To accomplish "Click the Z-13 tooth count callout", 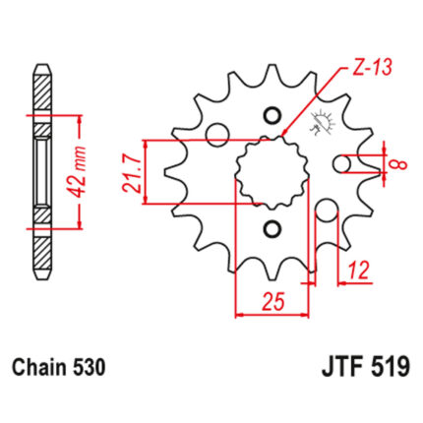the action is pyautogui.click(x=373, y=69).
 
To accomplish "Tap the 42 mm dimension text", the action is pyautogui.click(x=79, y=172).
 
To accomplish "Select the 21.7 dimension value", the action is pyautogui.click(x=132, y=172).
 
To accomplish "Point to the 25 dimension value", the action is pyautogui.click(x=272, y=301).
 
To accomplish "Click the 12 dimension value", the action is pyautogui.click(x=359, y=270).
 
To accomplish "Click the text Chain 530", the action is pyautogui.click(x=59, y=367).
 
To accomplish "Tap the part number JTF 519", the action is pyautogui.click(x=366, y=367).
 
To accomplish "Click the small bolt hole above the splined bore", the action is pyautogui.click(x=272, y=115).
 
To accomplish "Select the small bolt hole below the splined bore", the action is pyautogui.click(x=272, y=228).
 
